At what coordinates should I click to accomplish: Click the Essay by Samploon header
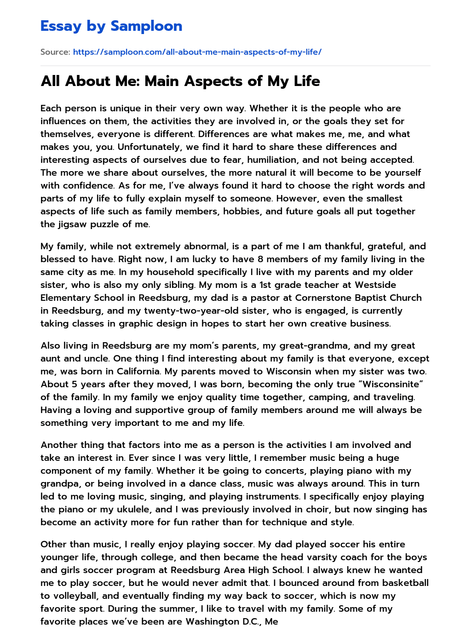(x=111, y=26)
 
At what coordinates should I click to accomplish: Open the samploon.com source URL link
(x=197, y=52)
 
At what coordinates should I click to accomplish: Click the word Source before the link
(x=55, y=52)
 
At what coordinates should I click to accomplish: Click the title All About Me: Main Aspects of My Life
(x=180, y=81)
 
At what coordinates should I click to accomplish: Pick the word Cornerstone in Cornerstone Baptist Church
(x=323, y=298)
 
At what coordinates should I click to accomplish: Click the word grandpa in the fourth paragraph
(x=58, y=483)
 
